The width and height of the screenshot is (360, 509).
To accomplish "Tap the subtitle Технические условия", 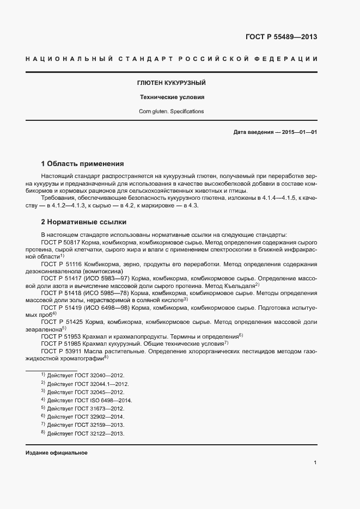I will click(x=172, y=97).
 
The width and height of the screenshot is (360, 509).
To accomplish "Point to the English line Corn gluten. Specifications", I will click(x=172, y=112).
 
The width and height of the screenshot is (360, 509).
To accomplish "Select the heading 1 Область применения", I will click(x=83, y=163).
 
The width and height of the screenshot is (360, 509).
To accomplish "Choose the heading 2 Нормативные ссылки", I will click(x=84, y=222).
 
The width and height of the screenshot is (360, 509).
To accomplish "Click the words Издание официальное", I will click(x=57, y=453).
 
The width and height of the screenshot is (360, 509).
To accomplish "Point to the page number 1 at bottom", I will click(x=315, y=463).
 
